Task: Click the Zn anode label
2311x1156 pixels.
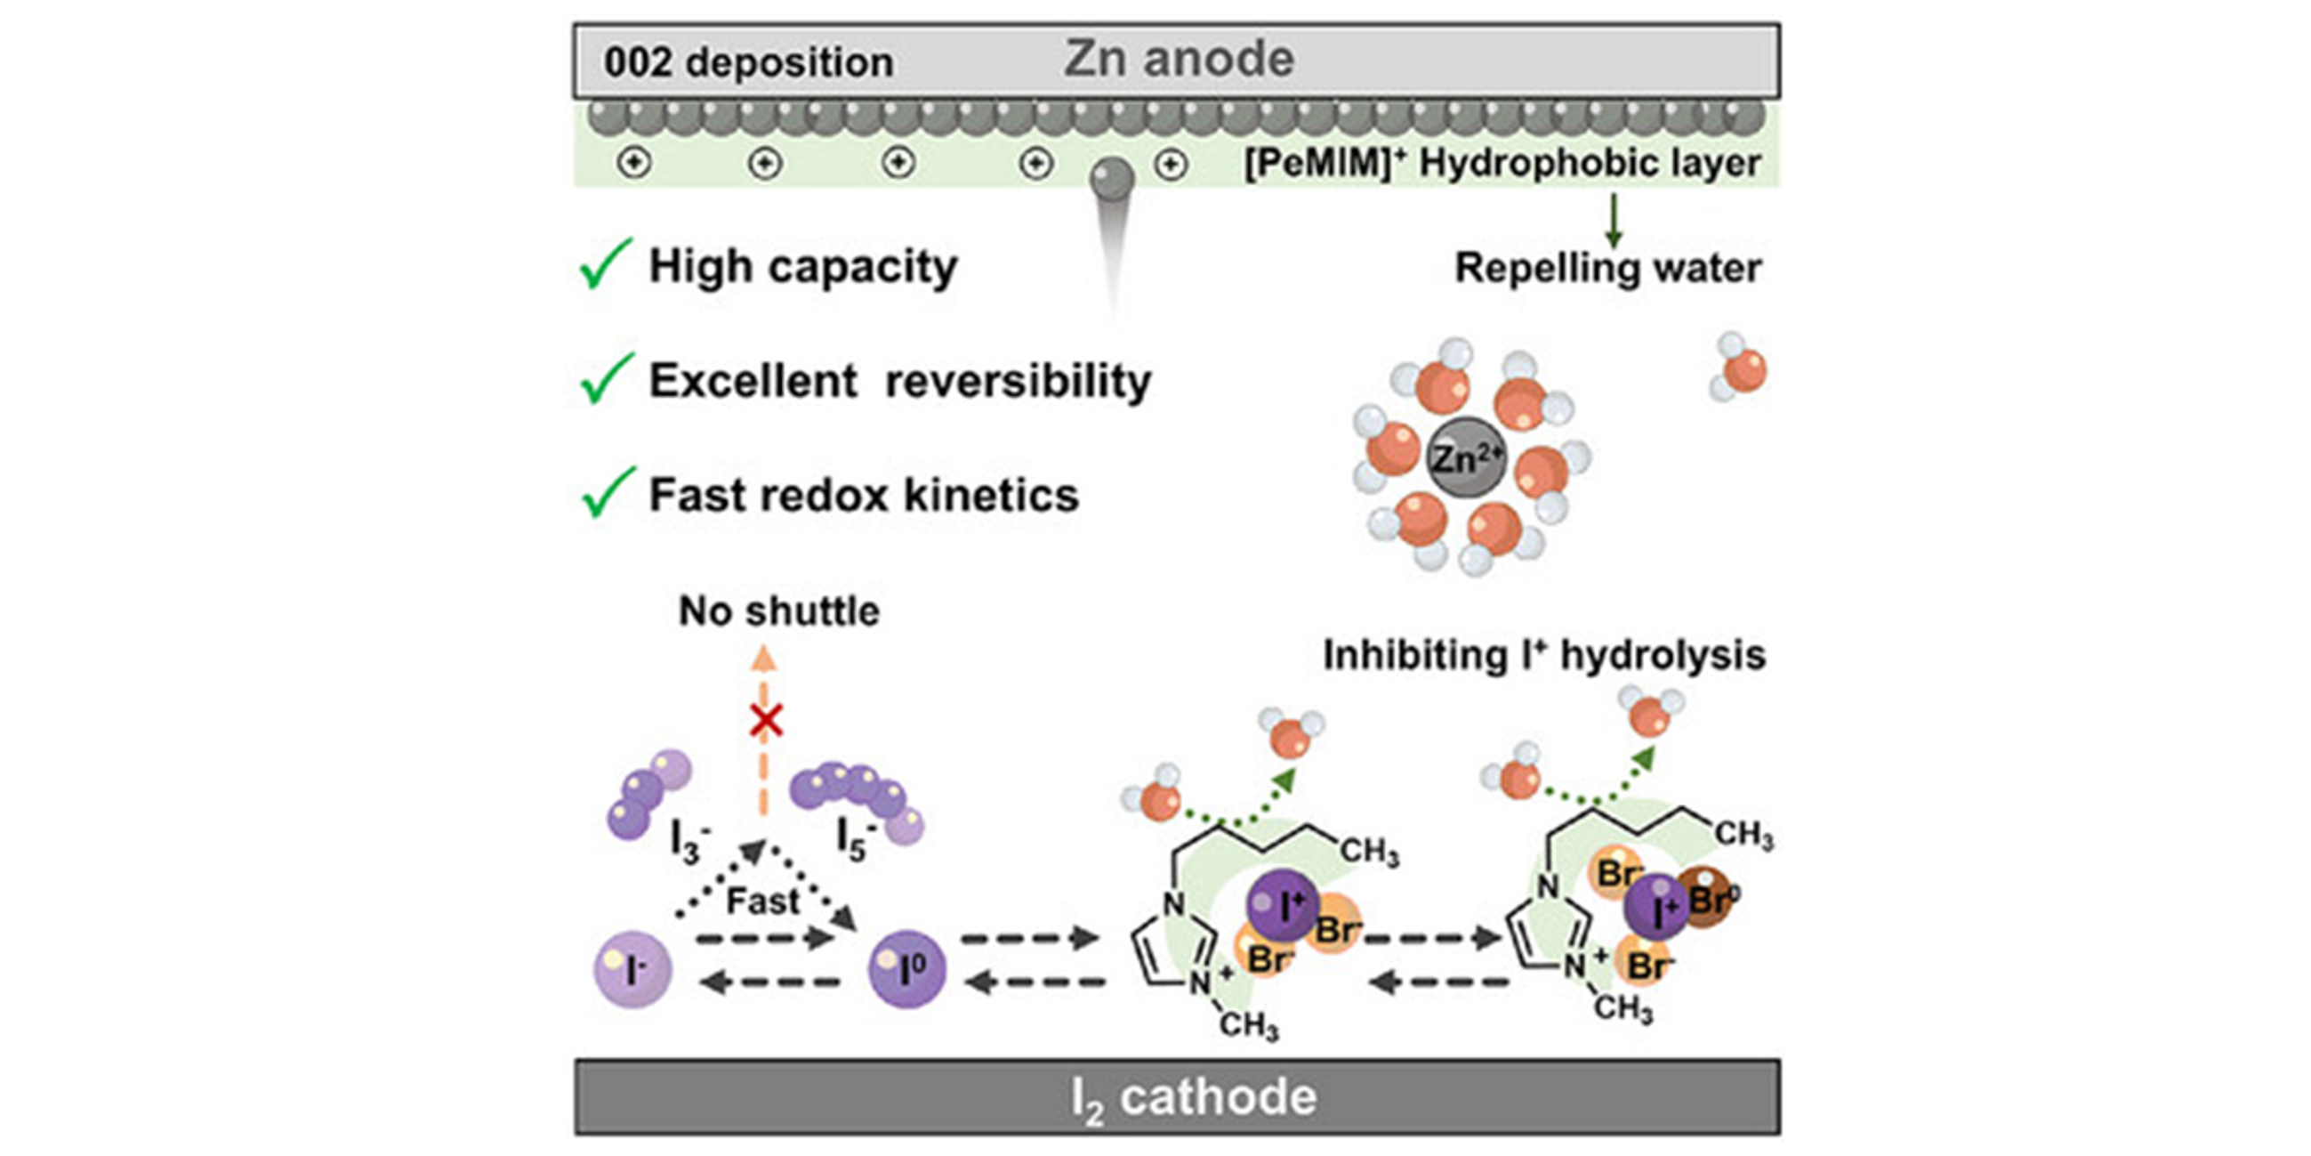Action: coord(1179,60)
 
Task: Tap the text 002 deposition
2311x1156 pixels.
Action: coord(748,63)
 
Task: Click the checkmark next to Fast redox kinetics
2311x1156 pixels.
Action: coord(608,493)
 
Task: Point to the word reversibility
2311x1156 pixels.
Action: coord(1019,381)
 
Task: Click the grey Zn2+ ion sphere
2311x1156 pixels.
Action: coord(1465,457)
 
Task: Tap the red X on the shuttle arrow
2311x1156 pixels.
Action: coord(766,721)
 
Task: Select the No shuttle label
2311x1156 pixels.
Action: coord(778,611)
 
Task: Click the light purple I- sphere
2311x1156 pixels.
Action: coord(632,969)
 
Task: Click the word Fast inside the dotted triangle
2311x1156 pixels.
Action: coord(762,901)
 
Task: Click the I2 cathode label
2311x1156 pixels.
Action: coord(1193,1097)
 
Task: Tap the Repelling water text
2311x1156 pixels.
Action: coord(1606,268)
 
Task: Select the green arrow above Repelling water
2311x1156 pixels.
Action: coord(1613,220)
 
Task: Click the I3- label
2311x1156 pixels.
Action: coord(689,841)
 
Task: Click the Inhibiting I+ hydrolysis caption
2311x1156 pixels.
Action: coord(1544,655)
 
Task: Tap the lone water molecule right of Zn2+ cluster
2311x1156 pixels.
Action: coord(1741,368)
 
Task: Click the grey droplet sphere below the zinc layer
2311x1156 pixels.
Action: coord(1112,178)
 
